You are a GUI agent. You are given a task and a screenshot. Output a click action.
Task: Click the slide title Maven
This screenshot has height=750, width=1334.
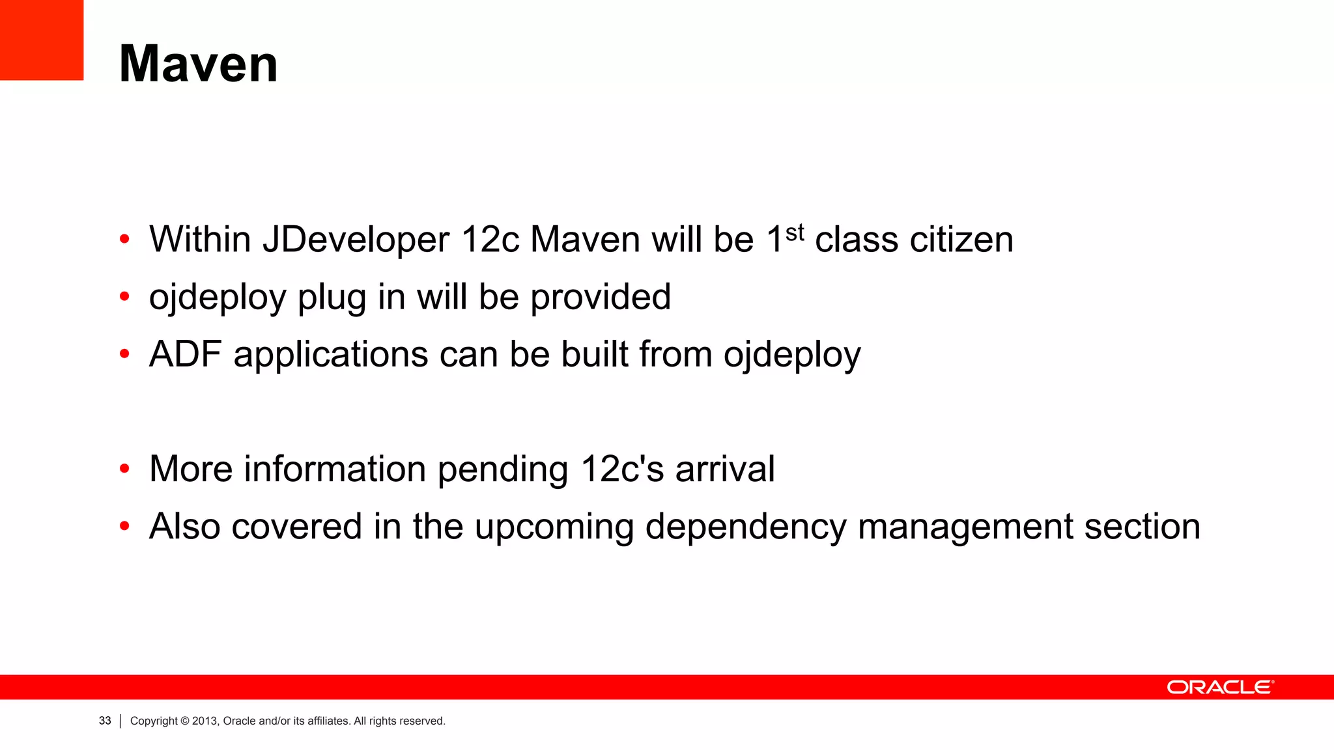point(199,64)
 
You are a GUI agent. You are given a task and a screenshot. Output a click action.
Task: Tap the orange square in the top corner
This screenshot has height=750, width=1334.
point(42,40)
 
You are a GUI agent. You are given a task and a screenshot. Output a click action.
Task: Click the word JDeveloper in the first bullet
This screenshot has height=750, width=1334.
point(356,240)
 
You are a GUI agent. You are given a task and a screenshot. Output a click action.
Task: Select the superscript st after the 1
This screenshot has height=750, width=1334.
point(795,232)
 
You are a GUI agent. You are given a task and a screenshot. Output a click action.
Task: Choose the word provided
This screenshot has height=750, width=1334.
point(601,297)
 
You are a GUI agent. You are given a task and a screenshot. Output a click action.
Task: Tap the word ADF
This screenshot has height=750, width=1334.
point(186,354)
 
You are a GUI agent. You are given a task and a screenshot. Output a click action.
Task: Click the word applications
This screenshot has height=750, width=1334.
point(330,355)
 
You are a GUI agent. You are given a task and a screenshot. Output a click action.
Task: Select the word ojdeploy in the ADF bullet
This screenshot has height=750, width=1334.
point(792,355)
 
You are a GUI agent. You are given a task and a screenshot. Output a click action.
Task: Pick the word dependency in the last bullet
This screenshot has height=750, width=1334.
point(745,527)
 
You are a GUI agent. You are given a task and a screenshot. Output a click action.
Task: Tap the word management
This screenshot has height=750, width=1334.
point(965,527)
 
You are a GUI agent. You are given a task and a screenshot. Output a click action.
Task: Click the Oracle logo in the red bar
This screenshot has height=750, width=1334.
point(1220,687)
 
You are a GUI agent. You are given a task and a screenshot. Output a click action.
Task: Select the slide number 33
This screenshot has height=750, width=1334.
point(105,721)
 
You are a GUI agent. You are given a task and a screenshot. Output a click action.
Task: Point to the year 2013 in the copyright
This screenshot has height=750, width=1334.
point(205,721)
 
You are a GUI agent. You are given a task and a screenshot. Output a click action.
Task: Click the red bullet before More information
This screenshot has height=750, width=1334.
point(125,469)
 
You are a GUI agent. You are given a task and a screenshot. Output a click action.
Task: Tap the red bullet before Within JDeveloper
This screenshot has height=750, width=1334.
point(125,240)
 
